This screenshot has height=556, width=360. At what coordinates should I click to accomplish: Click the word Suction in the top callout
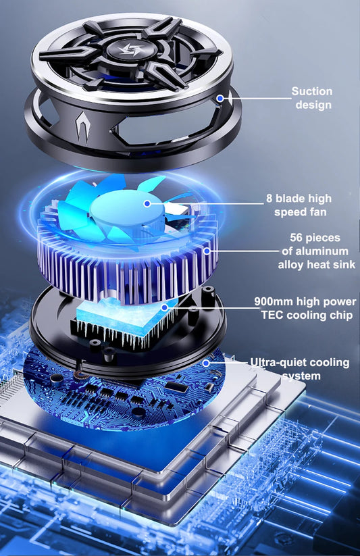point(312,91)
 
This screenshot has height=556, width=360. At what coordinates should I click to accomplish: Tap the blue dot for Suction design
point(220,98)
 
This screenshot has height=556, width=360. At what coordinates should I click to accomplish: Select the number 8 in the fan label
point(269,199)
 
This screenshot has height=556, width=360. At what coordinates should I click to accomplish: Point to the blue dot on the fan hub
point(147,203)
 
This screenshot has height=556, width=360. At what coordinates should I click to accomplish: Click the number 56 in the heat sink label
point(297,238)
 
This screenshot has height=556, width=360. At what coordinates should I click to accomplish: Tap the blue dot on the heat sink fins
point(207,251)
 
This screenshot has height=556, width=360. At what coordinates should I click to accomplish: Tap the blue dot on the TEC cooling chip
point(164,307)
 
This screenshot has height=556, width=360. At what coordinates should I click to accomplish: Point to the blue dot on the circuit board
point(206,363)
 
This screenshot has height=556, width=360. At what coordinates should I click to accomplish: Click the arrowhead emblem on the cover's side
point(82,127)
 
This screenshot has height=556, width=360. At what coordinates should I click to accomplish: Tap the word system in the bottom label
point(301,376)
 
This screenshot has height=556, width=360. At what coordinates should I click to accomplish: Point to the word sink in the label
point(343,265)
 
